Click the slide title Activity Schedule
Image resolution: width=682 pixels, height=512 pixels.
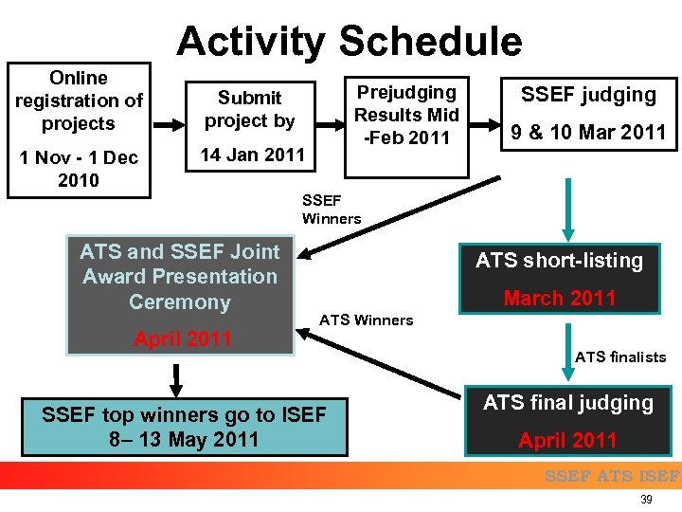pos(349,42)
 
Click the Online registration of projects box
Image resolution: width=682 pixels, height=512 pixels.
pos(79,101)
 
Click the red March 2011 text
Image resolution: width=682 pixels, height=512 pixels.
pos(560,298)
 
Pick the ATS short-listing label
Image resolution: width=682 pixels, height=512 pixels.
pos(559,260)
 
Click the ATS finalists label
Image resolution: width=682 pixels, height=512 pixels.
pos(619,357)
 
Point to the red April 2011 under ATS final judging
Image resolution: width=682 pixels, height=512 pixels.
pos(567,440)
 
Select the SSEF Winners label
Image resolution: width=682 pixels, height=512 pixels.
pos(331,209)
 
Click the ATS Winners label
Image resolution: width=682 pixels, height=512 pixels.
pos(366,320)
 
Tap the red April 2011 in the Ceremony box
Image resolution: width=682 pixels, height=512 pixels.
pos(183,338)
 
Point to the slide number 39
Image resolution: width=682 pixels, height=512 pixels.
pos(647,500)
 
